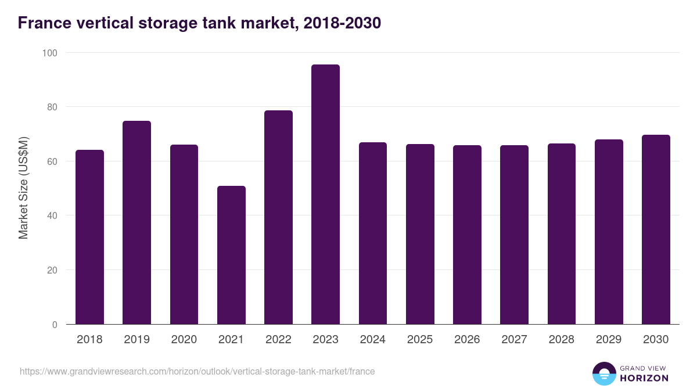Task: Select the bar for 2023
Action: (325, 195)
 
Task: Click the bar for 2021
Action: (231, 255)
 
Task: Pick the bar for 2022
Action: (278, 217)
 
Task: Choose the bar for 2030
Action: (656, 229)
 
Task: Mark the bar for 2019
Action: (136, 222)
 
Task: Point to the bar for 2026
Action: (467, 235)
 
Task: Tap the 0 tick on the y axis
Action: (55, 325)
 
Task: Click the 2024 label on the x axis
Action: (372, 340)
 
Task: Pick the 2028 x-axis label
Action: (561, 340)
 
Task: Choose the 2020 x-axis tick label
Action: (184, 340)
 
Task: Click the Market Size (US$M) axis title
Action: (23, 188)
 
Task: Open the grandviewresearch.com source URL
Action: (197, 371)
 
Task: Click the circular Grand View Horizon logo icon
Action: (603, 373)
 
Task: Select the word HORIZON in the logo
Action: (644, 378)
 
